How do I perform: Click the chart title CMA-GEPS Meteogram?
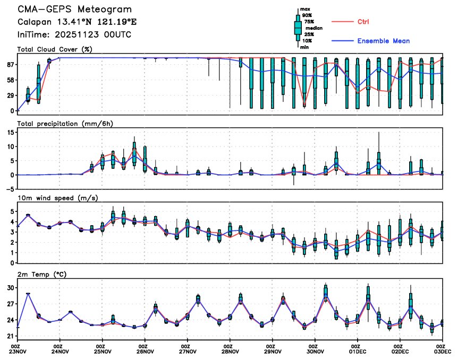tap(75, 10)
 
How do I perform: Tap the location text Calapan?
tap(35, 22)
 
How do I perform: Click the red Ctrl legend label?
tap(363, 22)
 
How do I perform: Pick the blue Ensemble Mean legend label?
tap(383, 41)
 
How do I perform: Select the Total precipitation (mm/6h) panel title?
tap(65, 124)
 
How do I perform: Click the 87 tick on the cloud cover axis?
tap(10, 64)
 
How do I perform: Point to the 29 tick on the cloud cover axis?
tap(10, 95)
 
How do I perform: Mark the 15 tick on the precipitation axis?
tap(11, 132)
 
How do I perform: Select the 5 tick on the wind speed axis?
tap(12, 211)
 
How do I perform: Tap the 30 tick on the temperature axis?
tap(10, 288)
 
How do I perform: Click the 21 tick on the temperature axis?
tap(10, 337)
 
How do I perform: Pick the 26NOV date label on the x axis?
tap(145, 351)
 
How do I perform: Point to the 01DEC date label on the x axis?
tap(358, 351)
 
